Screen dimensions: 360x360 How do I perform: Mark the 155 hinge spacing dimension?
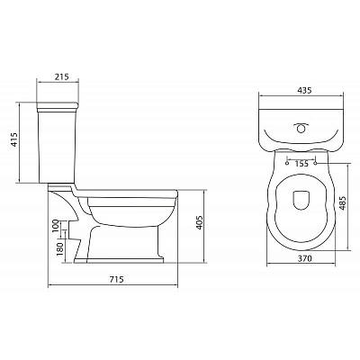[301, 164]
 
